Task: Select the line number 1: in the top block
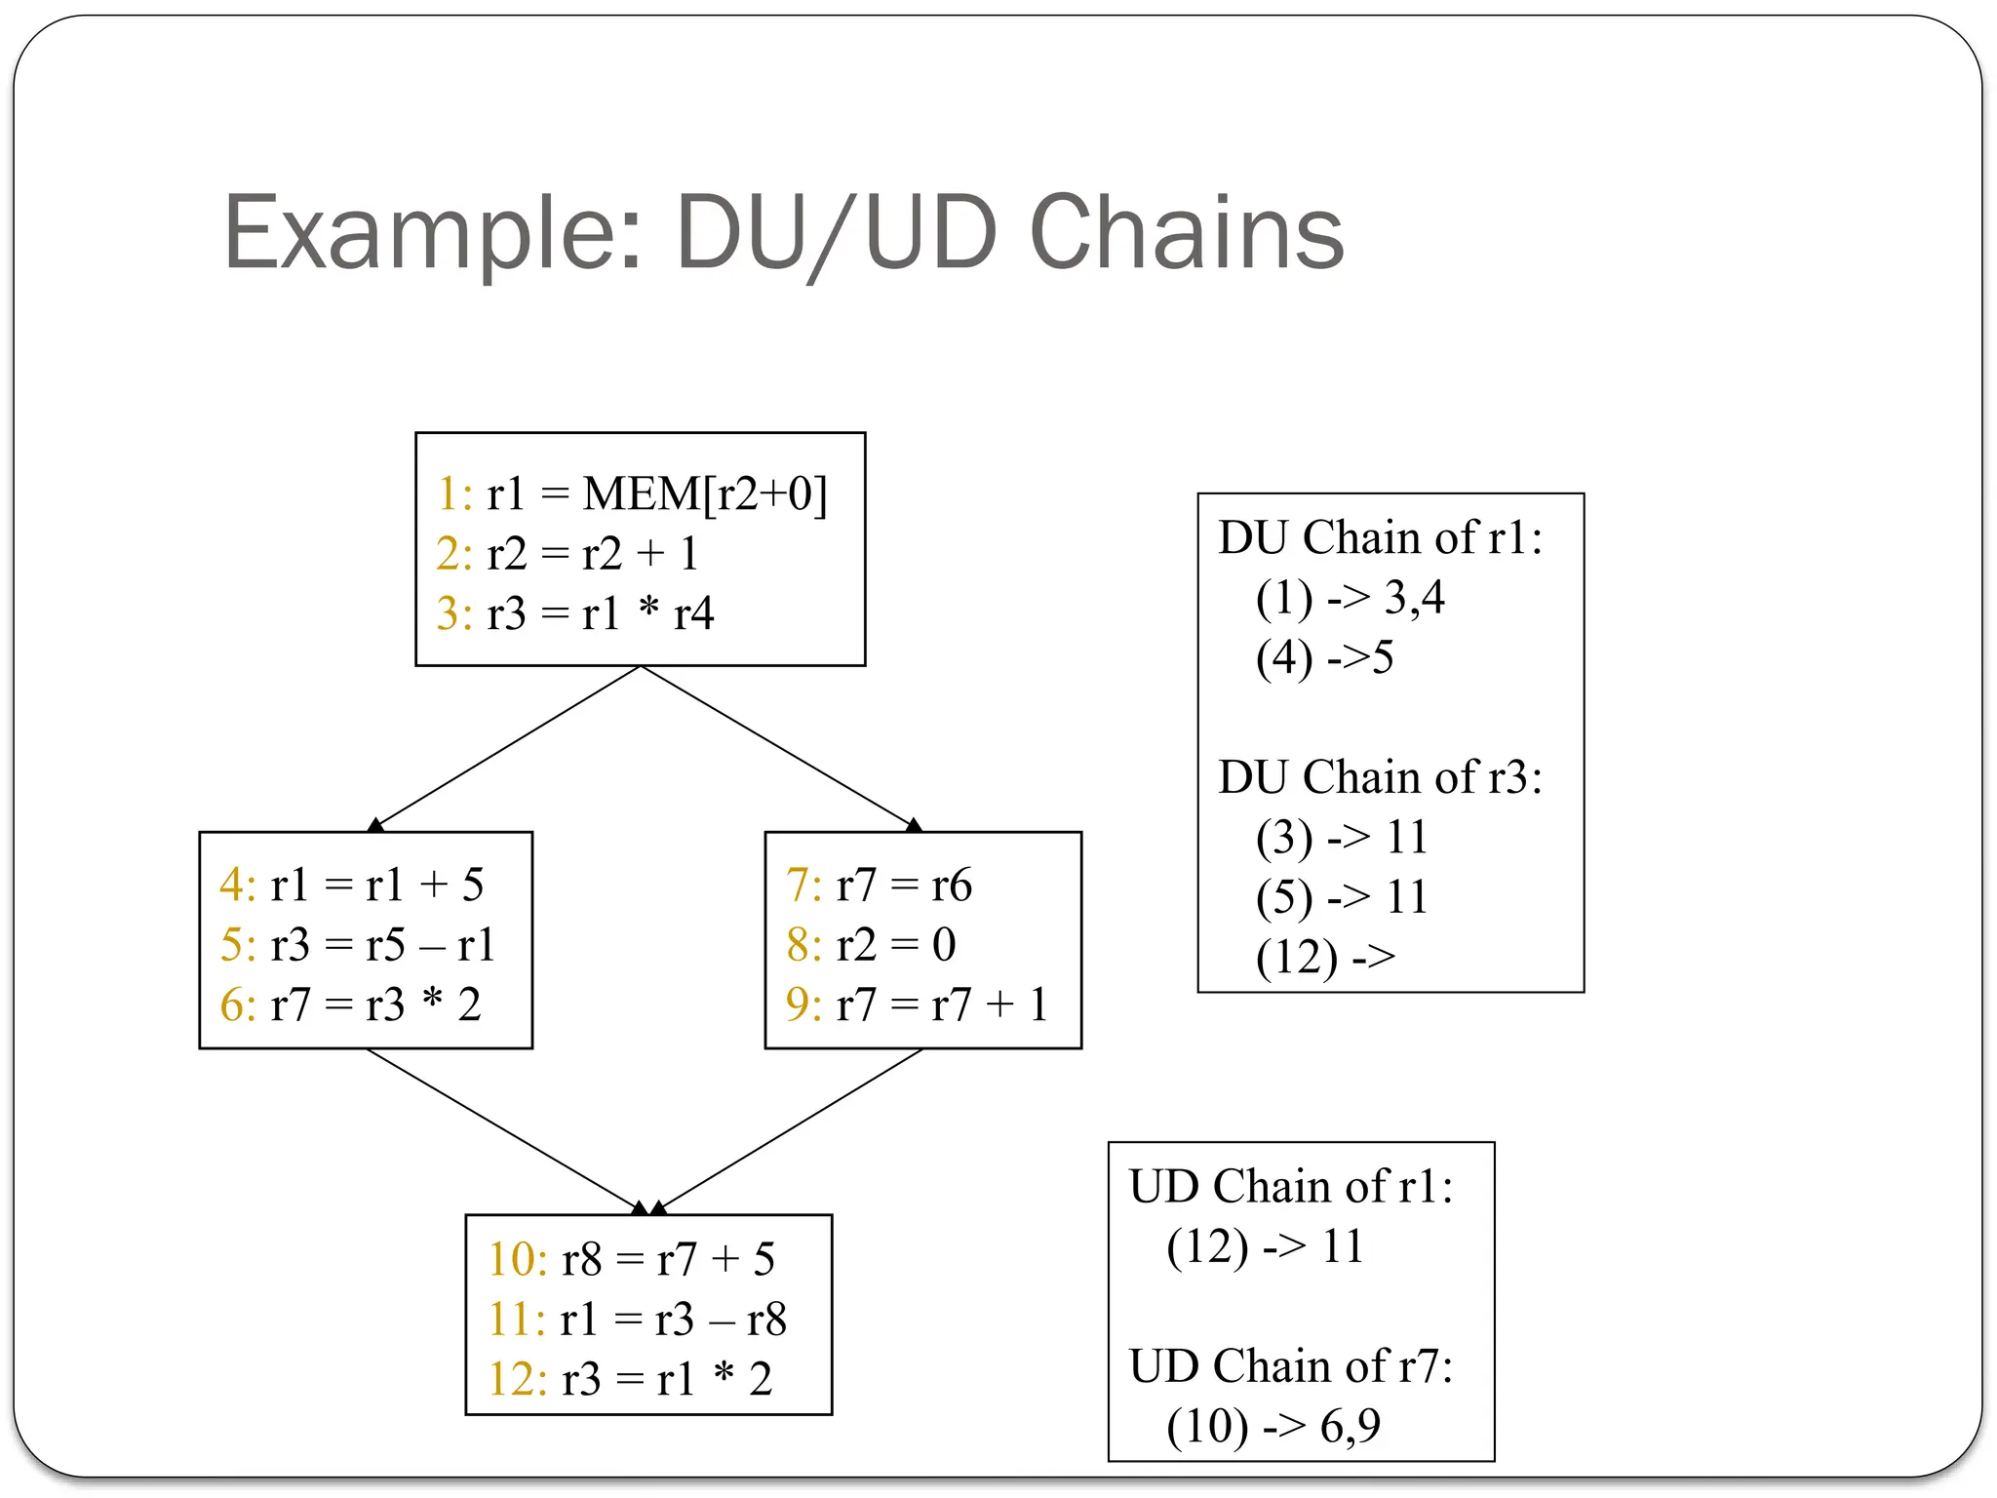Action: (454, 493)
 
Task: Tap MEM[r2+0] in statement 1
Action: (704, 493)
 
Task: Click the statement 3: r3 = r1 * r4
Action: (575, 613)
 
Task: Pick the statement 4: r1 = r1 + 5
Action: (352, 885)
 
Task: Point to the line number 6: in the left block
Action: (237, 1005)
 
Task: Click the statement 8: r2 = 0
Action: (871, 944)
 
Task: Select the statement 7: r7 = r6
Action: (879, 885)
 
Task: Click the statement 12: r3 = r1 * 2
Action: (630, 1379)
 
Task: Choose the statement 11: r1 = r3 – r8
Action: (637, 1320)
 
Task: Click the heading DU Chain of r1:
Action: (1380, 537)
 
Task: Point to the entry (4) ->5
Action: (1324, 657)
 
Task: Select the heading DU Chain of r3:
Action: (1380, 777)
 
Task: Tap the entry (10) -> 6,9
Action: (1273, 1426)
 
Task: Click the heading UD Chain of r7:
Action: (1291, 1365)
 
